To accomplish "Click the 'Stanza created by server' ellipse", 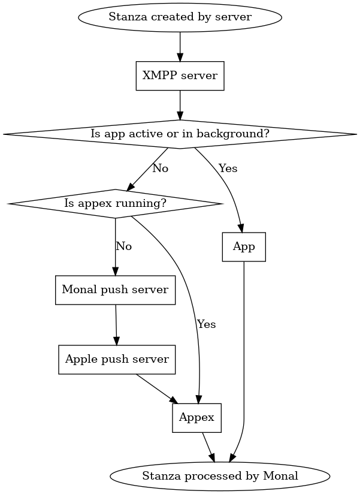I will tap(180, 16).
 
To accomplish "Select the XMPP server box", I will tap(180, 76).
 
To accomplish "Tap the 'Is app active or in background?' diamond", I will tap(180, 134).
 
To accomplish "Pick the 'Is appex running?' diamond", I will tap(115, 204).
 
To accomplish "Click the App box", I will tap(244, 247).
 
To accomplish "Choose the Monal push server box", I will tap(116, 290).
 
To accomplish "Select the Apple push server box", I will tap(117, 360).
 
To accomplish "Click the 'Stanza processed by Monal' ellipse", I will tap(220, 476).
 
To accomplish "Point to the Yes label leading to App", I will tap(228, 168).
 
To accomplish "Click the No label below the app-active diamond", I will tap(160, 168).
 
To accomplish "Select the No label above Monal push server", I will tap(123, 246).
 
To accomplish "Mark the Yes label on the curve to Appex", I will tap(206, 324).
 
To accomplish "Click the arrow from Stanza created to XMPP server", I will tap(180, 46).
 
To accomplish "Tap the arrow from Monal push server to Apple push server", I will tap(116, 325).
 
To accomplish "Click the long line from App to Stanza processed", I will tap(244, 360).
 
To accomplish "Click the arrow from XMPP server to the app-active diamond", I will tap(180, 105).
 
